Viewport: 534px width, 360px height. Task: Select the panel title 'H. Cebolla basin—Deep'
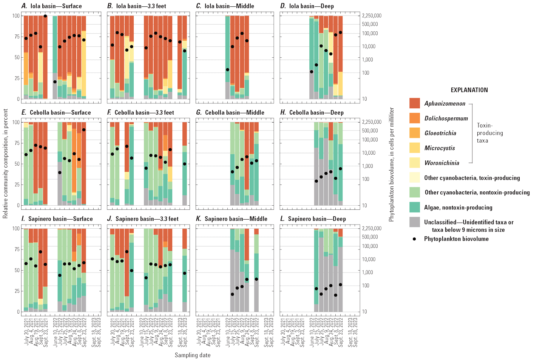(x=312, y=112)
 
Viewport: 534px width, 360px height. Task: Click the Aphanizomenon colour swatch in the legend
(x=414, y=103)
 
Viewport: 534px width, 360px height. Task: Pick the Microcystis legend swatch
(x=414, y=148)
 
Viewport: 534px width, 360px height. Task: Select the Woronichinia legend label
(x=441, y=163)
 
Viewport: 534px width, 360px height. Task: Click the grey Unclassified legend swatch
(x=414, y=222)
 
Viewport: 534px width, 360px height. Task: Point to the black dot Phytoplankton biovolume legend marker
(x=414, y=239)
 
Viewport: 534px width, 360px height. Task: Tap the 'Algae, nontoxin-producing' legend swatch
(x=414, y=207)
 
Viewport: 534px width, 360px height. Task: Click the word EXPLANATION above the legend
(x=469, y=90)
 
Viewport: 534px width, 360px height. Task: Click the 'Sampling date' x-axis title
(x=192, y=355)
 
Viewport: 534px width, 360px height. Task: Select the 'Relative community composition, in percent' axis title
(x=5, y=164)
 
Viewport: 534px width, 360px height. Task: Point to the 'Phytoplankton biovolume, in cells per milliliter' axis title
(x=392, y=165)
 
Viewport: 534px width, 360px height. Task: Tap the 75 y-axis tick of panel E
(x=16, y=143)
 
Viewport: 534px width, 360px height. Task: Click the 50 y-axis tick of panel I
(x=16, y=270)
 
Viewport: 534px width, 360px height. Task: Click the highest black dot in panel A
(x=45, y=16)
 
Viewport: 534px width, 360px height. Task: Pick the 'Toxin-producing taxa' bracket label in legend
(x=489, y=133)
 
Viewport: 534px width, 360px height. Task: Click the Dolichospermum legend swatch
(x=414, y=118)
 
